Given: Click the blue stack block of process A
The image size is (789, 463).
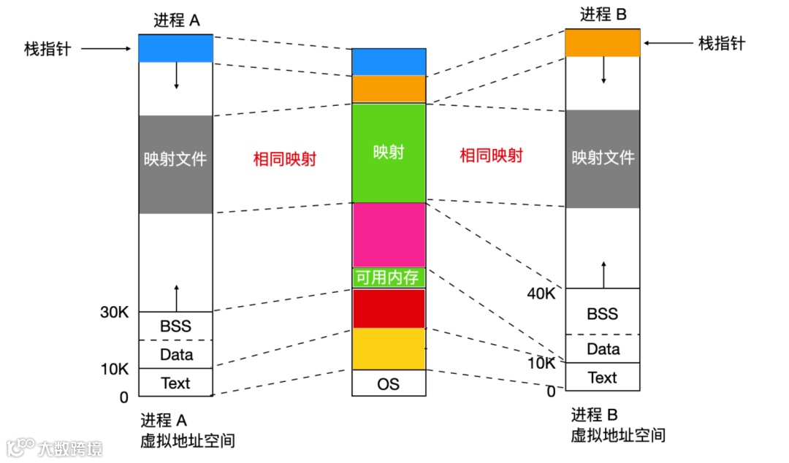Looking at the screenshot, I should [175, 48].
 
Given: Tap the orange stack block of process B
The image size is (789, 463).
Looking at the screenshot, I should [603, 43].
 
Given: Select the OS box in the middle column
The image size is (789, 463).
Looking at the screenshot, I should [389, 383].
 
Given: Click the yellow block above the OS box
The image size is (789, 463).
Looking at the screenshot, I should [389, 349].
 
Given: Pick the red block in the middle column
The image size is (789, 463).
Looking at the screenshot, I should [389, 308].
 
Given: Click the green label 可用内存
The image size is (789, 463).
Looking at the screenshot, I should [389, 278].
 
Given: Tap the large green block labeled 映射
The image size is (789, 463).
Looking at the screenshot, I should [389, 153].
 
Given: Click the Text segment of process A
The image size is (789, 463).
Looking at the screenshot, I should [175, 383].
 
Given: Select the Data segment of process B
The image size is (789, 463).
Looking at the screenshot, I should [603, 349].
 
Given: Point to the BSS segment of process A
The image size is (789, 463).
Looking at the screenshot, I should [175, 326].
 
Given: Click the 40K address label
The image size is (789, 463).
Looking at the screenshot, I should [541, 294].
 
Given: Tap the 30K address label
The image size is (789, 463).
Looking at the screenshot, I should [114, 313].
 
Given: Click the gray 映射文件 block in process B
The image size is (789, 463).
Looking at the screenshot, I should [603, 158].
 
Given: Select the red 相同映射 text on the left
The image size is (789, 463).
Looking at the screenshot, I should [284, 159].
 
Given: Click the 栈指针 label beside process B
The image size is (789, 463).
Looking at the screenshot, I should [722, 44].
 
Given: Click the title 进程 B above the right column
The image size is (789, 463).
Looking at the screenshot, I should [603, 14].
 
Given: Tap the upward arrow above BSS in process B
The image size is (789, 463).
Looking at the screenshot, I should [603, 274].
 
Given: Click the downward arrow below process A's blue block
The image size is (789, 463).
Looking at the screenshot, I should [176, 76].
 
